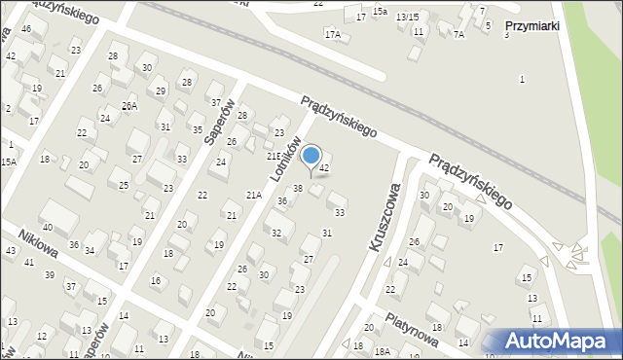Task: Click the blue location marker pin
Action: [311, 157]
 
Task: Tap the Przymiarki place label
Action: [531, 26]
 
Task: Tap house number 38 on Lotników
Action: [298, 188]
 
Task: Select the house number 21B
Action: [274, 156]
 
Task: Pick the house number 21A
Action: [253, 196]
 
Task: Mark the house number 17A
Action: [333, 35]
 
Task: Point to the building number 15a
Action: [380, 11]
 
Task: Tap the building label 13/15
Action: [407, 18]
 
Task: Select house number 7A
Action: [458, 34]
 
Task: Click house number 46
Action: [26, 29]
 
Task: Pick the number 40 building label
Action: [47, 228]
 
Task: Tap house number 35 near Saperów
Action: [198, 129]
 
